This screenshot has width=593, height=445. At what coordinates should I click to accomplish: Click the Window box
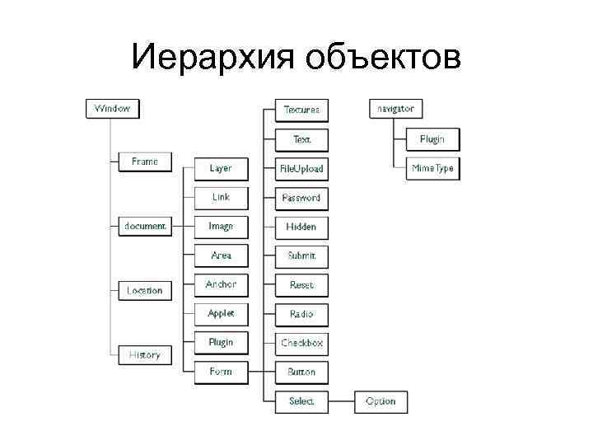(x=112, y=108)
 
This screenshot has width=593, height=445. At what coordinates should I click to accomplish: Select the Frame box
(x=145, y=162)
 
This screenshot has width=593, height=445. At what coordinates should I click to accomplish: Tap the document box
(x=145, y=226)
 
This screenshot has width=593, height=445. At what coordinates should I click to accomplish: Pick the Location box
(x=145, y=290)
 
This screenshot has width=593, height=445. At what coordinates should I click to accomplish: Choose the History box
(x=145, y=354)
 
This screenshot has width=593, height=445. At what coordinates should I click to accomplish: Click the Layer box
(x=221, y=168)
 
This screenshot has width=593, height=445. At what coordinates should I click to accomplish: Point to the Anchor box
(x=221, y=284)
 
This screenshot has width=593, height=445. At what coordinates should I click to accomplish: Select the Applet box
(x=221, y=314)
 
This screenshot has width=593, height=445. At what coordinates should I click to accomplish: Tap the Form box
(x=221, y=372)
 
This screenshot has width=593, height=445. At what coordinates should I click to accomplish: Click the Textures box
(x=301, y=110)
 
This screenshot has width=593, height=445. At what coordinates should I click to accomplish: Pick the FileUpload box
(x=301, y=169)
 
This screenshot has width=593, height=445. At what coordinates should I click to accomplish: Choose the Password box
(x=301, y=198)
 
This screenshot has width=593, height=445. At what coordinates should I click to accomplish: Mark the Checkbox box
(x=301, y=343)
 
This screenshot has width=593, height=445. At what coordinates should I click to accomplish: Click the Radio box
(x=301, y=314)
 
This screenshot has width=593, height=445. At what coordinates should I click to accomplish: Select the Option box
(x=381, y=401)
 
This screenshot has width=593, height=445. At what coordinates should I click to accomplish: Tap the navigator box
(x=396, y=108)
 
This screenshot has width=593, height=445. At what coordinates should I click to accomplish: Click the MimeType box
(x=432, y=168)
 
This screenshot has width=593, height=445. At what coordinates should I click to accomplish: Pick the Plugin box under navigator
(x=432, y=139)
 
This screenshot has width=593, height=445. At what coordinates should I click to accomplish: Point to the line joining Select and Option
(x=341, y=401)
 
